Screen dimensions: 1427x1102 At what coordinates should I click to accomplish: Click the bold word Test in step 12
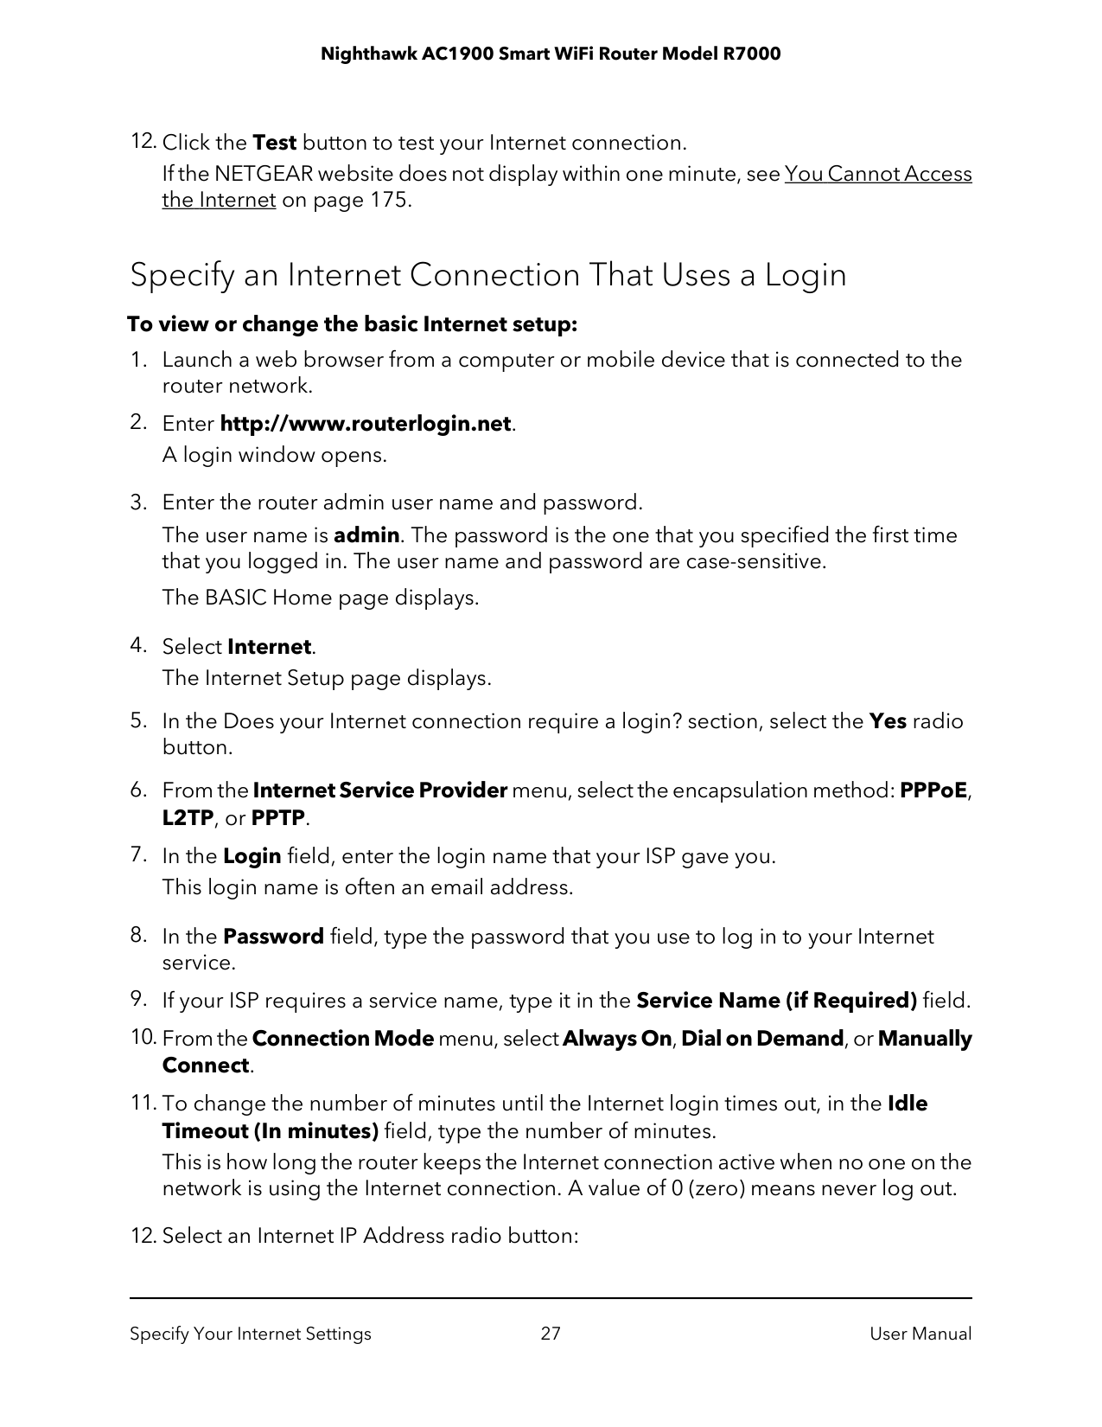tap(274, 143)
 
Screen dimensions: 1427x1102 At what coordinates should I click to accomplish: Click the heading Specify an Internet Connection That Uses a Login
tap(487, 275)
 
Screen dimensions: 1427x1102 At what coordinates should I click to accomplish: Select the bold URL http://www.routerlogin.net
tap(366, 425)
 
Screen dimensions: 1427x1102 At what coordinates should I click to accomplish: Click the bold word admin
tap(366, 535)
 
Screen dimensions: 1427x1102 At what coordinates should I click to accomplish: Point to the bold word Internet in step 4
tap(269, 647)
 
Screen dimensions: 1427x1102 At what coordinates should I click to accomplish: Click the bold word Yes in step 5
tap(887, 721)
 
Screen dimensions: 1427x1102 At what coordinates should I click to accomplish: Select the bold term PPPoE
tap(933, 790)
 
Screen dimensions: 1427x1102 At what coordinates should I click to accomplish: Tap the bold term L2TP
tap(188, 818)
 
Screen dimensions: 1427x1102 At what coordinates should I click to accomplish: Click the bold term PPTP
tap(277, 818)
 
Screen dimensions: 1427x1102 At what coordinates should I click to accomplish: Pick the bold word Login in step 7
tap(252, 856)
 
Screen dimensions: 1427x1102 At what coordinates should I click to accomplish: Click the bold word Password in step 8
tap(273, 937)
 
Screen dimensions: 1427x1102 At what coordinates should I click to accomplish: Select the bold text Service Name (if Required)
tap(776, 1001)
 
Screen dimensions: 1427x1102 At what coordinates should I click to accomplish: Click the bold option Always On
tap(616, 1039)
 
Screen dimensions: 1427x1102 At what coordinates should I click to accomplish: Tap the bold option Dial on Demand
tap(762, 1039)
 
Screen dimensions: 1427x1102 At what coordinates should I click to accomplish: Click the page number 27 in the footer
tap(551, 1334)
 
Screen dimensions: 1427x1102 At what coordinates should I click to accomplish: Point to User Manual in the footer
tap(920, 1334)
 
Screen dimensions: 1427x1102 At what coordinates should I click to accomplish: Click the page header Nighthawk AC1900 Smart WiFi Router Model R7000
tap(551, 54)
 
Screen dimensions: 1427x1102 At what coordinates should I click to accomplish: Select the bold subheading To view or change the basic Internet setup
tap(352, 325)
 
